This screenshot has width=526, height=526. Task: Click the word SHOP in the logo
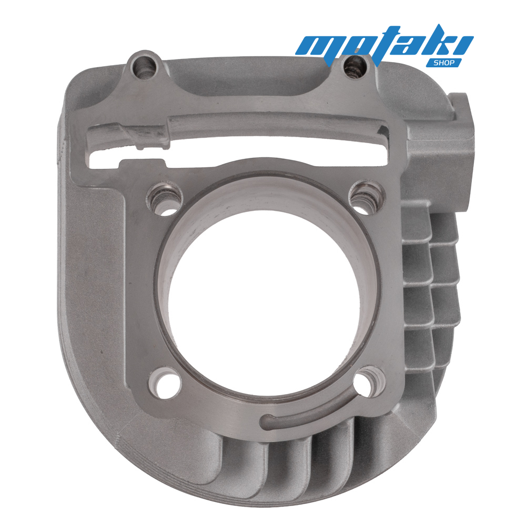click(x=444, y=63)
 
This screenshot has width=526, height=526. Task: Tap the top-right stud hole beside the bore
click(x=367, y=197)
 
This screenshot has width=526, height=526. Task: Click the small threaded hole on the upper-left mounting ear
click(x=144, y=66)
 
